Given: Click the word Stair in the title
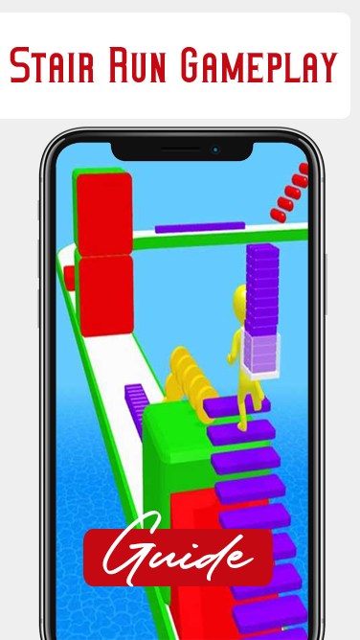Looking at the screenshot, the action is [53, 65].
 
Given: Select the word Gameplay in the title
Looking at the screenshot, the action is [259, 65].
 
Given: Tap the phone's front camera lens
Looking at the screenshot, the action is [215, 149].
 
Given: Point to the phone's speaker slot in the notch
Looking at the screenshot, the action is [180, 149].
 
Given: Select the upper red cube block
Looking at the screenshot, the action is [104, 214].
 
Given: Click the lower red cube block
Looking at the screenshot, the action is [106, 296].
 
